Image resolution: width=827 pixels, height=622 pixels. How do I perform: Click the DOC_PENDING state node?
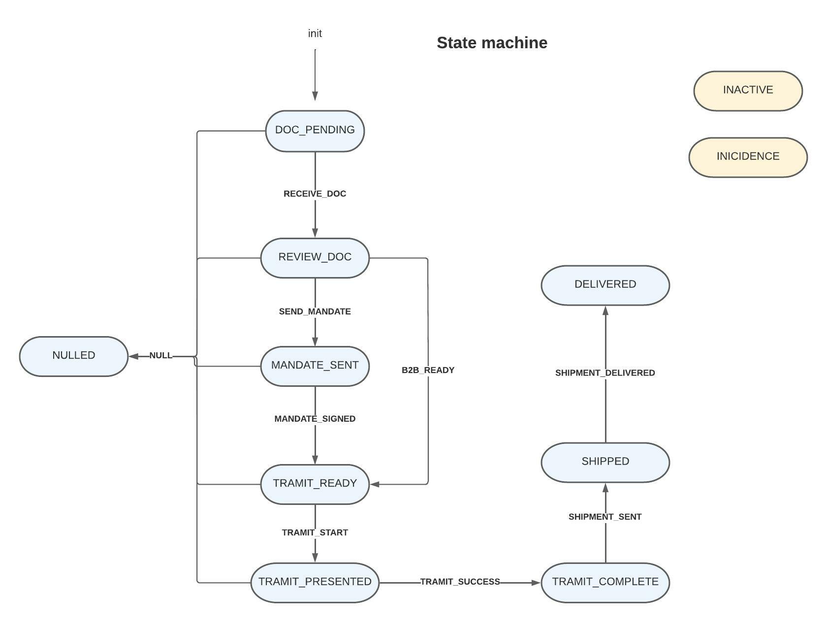point(315,130)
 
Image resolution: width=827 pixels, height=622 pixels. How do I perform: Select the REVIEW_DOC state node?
point(315,257)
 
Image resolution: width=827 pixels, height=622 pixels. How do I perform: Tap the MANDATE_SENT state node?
point(315,366)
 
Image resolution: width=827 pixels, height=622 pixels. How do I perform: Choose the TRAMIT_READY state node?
point(315,484)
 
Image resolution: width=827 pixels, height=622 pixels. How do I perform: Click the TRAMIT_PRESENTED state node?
point(315,582)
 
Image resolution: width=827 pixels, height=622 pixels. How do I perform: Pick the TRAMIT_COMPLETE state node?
point(605,582)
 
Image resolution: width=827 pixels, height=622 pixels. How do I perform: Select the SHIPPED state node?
point(605,462)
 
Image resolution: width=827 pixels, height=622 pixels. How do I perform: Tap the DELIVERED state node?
point(605,285)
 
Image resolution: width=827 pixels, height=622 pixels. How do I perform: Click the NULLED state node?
point(74,356)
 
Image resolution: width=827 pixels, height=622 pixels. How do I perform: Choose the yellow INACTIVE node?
point(748,91)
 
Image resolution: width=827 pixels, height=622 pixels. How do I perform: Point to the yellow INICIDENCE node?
point(748,157)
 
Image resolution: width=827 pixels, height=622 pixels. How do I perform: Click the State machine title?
point(492,43)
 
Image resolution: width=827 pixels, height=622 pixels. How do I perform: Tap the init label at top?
point(315,33)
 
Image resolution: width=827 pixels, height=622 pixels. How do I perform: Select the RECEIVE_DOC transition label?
point(315,194)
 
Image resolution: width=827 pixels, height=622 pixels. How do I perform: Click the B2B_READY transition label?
point(428,370)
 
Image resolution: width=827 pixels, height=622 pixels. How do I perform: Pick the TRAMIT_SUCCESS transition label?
point(460,582)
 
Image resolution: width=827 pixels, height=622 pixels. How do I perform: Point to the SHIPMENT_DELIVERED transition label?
point(605,373)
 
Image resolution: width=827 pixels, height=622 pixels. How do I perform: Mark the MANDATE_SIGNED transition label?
point(315,419)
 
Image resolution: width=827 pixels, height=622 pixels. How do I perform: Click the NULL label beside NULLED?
point(161,355)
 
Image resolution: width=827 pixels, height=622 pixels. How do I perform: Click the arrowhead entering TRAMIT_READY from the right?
point(375,484)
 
